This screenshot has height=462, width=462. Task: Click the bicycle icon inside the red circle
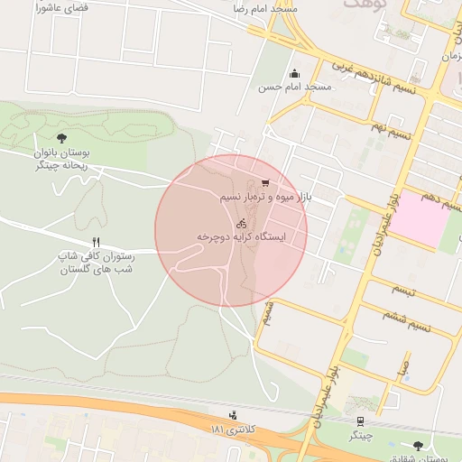[x=241, y=223]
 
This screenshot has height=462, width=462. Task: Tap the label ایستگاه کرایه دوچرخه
[x=241, y=236]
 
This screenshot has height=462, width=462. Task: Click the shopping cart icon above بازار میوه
[x=264, y=183]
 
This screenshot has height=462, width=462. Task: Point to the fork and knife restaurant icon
[x=96, y=242]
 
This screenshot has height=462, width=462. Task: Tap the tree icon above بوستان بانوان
[x=61, y=138]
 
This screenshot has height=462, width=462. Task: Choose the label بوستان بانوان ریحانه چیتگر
[x=60, y=159]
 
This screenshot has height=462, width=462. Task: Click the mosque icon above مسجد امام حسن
[x=293, y=74]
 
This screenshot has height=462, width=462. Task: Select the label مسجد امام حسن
[x=295, y=88]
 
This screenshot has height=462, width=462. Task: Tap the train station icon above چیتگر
[x=361, y=421]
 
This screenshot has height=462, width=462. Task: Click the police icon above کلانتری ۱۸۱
[x=235, y=415]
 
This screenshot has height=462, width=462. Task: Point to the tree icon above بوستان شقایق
[x=418, y=446]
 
